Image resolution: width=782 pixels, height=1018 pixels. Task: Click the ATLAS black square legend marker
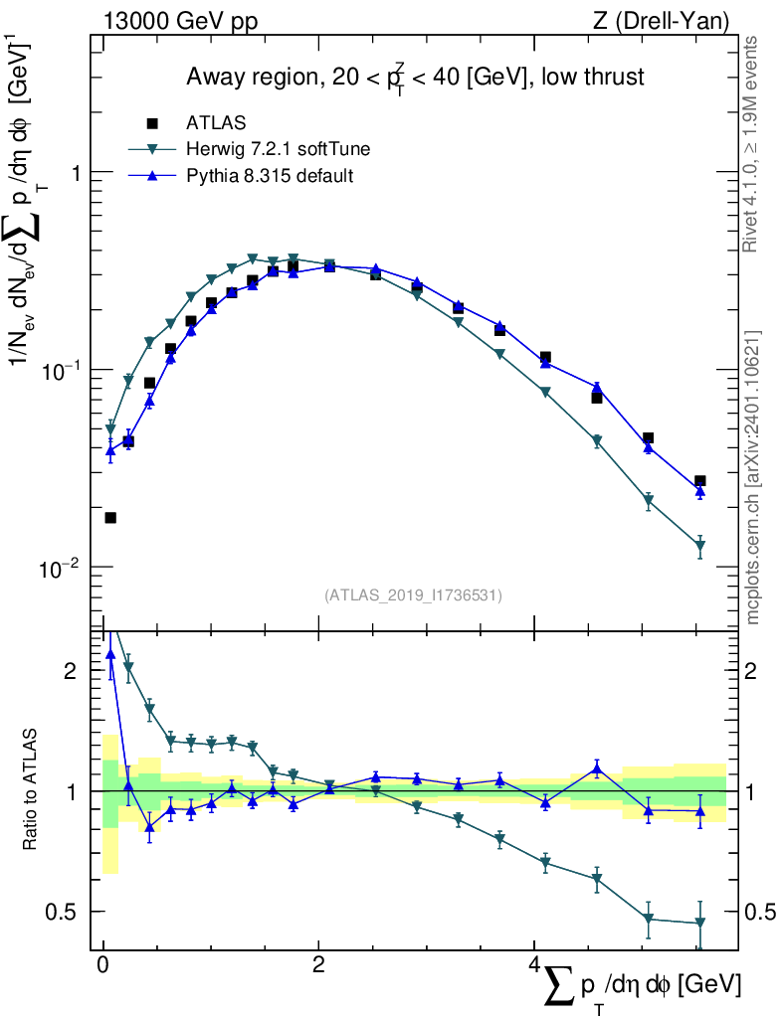click(x=152, y=123)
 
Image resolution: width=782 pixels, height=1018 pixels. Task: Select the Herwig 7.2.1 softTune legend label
click(x=278, y=150)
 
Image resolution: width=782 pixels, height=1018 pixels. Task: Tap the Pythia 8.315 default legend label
click(x=270, y=176)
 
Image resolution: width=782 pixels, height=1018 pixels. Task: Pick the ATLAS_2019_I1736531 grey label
click(x=413, y=595)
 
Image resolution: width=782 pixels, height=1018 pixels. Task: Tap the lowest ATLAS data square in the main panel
click(x=110, y=517)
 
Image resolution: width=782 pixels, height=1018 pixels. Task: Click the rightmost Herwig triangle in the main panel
click(x=700, y=546)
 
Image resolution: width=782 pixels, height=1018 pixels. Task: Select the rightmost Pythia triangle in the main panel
click(x=700, y=491)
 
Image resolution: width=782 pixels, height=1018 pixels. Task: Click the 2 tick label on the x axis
click(x=317, y=966)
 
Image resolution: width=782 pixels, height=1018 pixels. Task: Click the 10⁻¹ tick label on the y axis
click(x=61, y=370)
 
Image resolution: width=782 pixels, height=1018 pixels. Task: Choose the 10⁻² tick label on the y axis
click(x=61, y=568)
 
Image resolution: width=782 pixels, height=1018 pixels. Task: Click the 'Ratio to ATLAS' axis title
click(x=33, y=790)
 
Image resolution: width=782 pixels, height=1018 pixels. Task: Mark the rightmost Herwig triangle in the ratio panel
click(x=700, y=924)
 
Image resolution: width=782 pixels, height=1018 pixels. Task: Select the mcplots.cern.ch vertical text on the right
click(x=753, y=477)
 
